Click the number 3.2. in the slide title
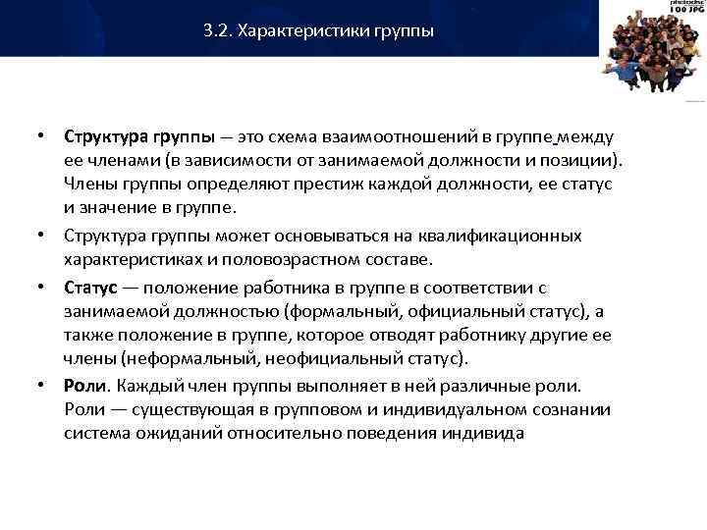point(216,31)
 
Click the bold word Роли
point(83,386)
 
